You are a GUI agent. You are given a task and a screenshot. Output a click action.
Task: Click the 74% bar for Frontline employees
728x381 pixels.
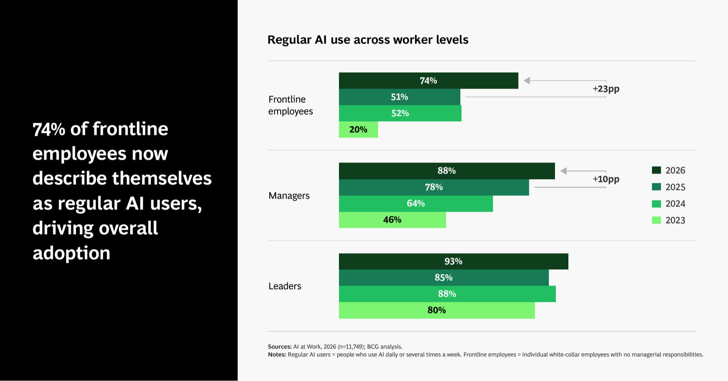tap(428, 80)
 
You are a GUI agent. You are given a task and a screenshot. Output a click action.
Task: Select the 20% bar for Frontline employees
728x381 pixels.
tap(358, 129)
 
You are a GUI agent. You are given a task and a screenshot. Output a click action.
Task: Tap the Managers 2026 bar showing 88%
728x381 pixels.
tap(447, 171)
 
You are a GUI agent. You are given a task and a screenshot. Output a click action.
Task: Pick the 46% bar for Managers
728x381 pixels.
tap(392, 220)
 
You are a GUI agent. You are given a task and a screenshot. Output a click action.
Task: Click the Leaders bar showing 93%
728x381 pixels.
tap(453, 261)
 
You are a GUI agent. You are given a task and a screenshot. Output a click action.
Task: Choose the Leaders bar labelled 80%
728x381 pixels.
tap(437, 310)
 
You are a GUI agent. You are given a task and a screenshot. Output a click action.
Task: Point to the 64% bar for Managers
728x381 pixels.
tap(416, 203)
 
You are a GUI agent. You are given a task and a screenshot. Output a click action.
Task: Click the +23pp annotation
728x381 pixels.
tap(606, 89)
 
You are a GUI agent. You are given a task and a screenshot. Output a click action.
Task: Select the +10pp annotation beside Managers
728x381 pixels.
tap(606, 179)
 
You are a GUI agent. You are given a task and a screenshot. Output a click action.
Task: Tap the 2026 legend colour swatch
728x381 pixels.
tap(656, 170)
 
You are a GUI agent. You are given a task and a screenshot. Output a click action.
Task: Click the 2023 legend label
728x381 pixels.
tap(675, 220)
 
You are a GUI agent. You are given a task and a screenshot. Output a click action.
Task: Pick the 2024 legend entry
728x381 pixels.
tap(669, 204)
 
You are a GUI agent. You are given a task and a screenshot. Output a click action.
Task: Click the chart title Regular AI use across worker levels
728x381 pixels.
tap(368, 40)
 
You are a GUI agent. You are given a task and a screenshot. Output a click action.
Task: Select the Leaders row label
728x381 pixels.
tap(285, 286)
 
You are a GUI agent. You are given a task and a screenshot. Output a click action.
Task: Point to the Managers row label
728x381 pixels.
tap(289, 196)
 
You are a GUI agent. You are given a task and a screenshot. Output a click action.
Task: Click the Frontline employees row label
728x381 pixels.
tap(290, 105)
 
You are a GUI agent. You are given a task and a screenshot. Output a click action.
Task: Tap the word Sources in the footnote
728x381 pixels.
tap(280, 347)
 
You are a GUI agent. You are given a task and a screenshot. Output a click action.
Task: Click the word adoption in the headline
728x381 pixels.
tap(72, 253)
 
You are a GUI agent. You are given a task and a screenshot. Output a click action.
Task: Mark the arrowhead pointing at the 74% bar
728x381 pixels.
tap(527, 80)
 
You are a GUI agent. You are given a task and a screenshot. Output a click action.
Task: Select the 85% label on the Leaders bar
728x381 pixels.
tap(444, 278)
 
